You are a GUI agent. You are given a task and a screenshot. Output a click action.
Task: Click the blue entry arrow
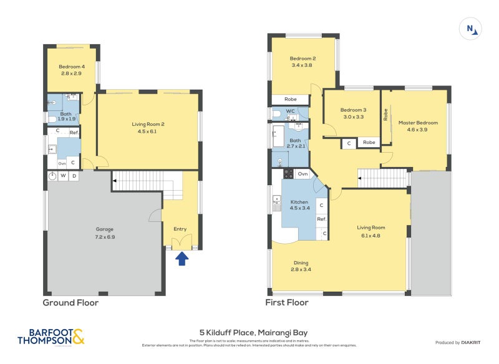[x=182, y=257]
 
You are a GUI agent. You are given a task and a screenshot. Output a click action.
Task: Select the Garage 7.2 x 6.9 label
[x=105, y=233]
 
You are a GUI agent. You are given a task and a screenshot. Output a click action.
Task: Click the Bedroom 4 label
[x=72, y=70]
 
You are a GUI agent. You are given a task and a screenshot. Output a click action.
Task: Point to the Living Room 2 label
[x=148, y=128]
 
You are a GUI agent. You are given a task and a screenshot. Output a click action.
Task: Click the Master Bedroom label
[x=418, y=127]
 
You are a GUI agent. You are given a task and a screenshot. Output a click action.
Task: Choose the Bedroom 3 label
[x=352, y=113]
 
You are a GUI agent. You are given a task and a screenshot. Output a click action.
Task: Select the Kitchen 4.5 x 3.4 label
[x=299, y=206]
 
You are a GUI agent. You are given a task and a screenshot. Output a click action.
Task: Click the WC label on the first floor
[x=290, y=112]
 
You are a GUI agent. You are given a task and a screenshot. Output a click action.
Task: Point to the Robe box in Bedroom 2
[x=290, y=99]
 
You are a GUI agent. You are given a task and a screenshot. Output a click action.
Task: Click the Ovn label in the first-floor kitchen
[x=303, y=173]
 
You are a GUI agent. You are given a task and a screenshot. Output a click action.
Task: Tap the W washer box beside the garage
[x=64, y=176]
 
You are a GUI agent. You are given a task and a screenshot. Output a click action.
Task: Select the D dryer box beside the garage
[x=74, y=176]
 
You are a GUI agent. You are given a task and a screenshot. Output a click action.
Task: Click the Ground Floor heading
[x=70, y=303]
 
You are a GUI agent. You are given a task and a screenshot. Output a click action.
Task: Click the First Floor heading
[x=287, y=303]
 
